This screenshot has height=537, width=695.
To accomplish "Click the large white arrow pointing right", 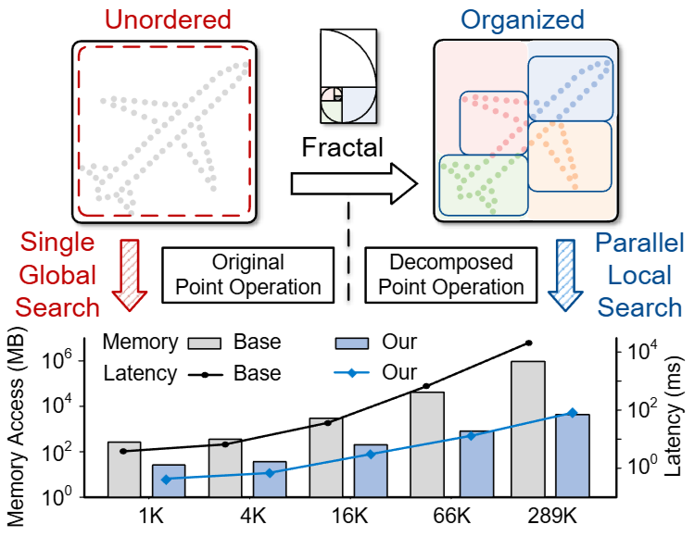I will tap(353, 182).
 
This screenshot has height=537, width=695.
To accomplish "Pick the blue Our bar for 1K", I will tap(169, 480).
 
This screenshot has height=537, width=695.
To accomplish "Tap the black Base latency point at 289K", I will tap(529, 343).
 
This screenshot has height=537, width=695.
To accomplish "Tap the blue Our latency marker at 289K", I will tap(572, 413).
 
